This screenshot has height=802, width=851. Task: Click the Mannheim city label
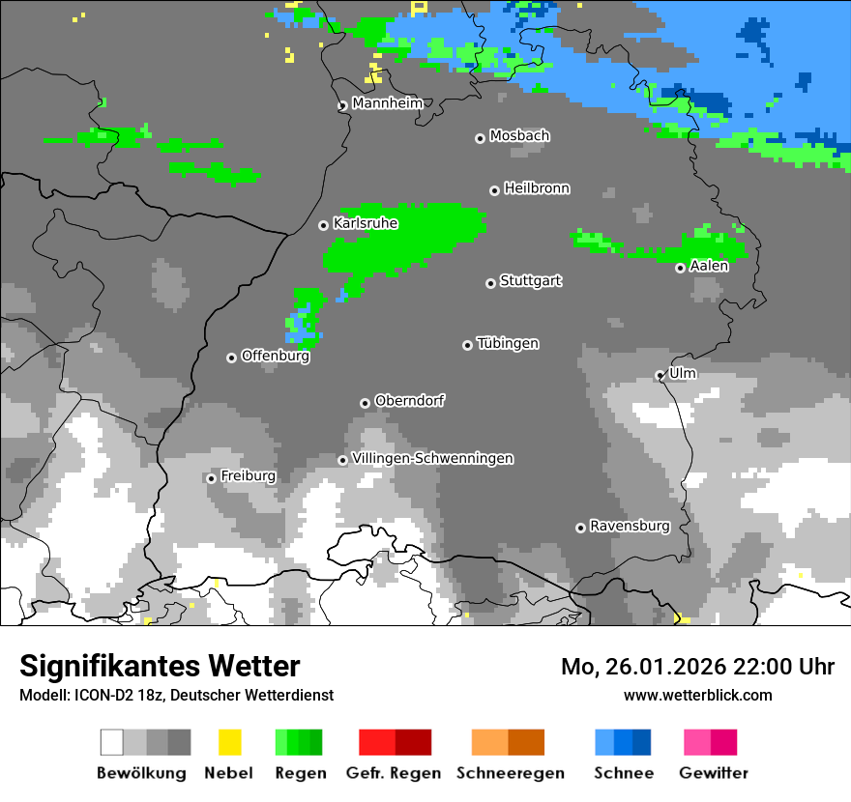pos(388,103)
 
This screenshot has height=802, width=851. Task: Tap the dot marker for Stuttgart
pos(490,283)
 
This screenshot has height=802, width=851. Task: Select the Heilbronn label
pos(537,188)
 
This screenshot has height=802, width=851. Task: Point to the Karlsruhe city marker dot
pos(324,225)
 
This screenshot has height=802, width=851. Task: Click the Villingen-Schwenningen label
pos(432,458)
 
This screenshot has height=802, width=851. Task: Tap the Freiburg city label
pos(248,476)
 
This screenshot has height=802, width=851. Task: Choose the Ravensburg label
pos(630,526)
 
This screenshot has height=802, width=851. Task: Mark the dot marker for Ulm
pos(660,375)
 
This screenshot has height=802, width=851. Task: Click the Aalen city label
pos(709,266)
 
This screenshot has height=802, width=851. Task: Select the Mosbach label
pos(519,136)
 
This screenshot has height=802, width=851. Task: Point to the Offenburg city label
pos(275,356)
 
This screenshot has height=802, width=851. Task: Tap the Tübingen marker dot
pos(468,345)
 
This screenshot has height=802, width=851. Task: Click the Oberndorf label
pos(409,401)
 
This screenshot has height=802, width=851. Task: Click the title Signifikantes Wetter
pos(160,666)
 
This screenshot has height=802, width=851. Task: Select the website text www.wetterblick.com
pos(697,695)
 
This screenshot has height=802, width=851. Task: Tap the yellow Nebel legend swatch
pos(229,742)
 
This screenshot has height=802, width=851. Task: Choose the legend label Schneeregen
pos(511,773)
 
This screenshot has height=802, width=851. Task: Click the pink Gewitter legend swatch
pos(697,742)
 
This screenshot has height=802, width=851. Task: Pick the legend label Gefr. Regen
pos(394,773)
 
